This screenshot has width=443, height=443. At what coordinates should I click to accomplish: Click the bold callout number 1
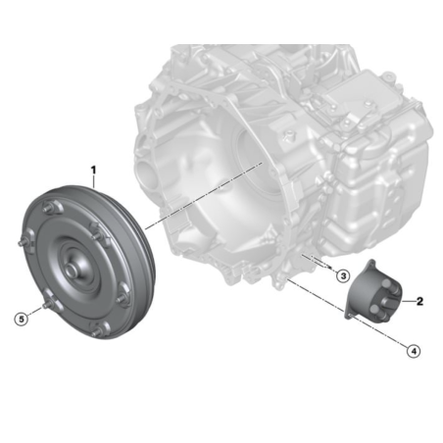93,170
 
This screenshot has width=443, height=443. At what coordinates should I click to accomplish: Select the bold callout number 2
419,301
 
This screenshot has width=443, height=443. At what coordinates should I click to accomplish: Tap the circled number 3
343,276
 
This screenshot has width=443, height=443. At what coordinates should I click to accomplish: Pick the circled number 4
414,351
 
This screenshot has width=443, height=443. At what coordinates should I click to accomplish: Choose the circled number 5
22,319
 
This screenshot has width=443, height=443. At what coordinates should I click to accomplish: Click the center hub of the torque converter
72,269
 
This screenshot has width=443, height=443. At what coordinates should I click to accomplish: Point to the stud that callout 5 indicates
46,306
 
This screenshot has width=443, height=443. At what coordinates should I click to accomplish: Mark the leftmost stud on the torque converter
23,242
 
